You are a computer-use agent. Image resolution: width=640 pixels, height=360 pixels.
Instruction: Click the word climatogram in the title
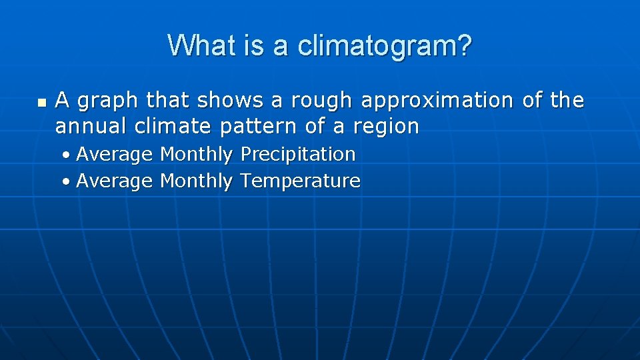tap(385, 46)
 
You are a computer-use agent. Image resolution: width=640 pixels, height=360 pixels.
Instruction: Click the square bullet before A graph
tap(42, 103)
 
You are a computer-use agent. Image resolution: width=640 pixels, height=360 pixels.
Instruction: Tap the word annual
tap(91, 126)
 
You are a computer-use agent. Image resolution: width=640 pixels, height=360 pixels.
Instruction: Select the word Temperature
tap(300, 181)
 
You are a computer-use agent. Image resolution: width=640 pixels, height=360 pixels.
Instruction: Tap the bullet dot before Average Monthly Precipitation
tap(68, 155)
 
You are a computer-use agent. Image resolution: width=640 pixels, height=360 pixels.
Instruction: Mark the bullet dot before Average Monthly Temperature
tap(68, 181)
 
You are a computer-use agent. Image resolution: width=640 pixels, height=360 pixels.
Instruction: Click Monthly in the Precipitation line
tap(196, 155)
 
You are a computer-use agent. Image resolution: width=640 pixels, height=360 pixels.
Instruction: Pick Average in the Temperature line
tap(114, 181)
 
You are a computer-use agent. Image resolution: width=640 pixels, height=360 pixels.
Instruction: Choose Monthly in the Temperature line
tap(196, 181)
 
